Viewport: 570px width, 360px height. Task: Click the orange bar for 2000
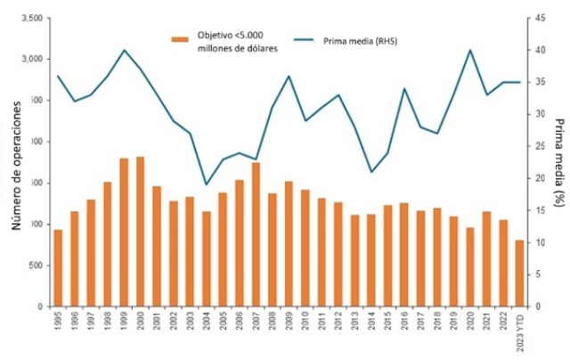140,232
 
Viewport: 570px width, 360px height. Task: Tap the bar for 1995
58,268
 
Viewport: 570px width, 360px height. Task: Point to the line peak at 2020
469,50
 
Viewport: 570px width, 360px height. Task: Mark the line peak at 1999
124,50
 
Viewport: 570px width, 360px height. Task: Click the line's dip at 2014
371,171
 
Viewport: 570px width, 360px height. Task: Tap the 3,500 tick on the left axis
29,18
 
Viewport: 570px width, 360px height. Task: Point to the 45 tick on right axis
535,18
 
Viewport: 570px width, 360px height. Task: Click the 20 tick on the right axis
535,178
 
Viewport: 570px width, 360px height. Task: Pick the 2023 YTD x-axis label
520,331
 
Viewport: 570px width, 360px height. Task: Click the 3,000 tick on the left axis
29,59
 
